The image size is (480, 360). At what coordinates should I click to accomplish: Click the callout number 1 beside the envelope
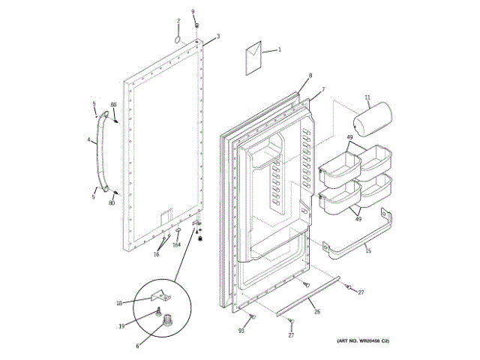(280, 49)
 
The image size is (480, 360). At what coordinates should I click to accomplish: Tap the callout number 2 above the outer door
(178, 20)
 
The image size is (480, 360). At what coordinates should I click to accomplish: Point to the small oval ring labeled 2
(178, 37)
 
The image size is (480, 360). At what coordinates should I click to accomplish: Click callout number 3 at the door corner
(217, 36)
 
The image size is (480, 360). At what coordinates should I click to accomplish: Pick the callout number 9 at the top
(193, 11)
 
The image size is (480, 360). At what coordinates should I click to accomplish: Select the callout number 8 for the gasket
(310, 76)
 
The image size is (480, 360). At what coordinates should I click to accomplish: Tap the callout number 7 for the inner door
(323, 90)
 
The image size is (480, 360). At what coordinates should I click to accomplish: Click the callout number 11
(367, 97)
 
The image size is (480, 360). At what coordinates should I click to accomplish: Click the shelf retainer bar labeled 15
(360, 236)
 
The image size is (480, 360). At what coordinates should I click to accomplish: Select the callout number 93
(242, 330)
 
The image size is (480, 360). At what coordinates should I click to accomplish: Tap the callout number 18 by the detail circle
(119, 302)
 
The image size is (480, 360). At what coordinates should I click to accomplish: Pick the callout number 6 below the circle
(137, 346)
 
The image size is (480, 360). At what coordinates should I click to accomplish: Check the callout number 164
(177, 244)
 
